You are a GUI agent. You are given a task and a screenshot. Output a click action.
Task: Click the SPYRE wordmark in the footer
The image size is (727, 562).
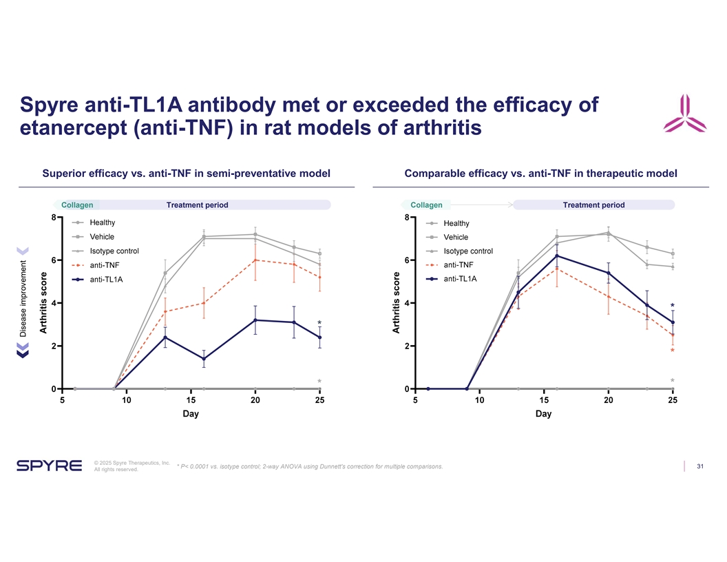pyautogui.click(x=49, y=466)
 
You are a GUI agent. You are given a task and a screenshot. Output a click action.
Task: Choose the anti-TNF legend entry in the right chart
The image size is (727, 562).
pyautogui.click(x=458, y=265)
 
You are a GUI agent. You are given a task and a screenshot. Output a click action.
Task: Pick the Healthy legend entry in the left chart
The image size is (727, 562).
pyautogui.click(x=102, y=222)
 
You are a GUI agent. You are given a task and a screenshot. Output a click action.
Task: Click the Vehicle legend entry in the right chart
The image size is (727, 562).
pyautogui.click(x=456, y=237)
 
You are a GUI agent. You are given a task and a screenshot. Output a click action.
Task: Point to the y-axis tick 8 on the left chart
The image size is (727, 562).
pyautogui.click(x=53, y=218)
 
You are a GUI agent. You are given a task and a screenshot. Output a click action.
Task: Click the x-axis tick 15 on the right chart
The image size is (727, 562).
pyautogui.click(x=543, y=400)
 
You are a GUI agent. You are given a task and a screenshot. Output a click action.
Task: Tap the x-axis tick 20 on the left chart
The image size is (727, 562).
pyautogui.click(x=255, y=400)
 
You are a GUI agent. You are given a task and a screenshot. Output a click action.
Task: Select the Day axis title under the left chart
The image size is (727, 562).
pyautogui.click(x=191, y=414)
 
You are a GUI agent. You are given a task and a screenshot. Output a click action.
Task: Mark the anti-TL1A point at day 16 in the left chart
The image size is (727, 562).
pyautogui.click(x=204, y=359)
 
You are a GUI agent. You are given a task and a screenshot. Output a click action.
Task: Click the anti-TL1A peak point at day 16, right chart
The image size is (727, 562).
pyautogui.click(x=556, y=256)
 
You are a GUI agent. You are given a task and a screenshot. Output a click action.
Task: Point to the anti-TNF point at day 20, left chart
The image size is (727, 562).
pyautogui.click(x=255, y=260)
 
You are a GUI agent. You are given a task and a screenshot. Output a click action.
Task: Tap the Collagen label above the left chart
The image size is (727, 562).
pyautogui.click(x=77, y=205)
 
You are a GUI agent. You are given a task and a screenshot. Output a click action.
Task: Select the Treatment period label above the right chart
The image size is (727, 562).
pyautogui.click(x=593, y=205)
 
